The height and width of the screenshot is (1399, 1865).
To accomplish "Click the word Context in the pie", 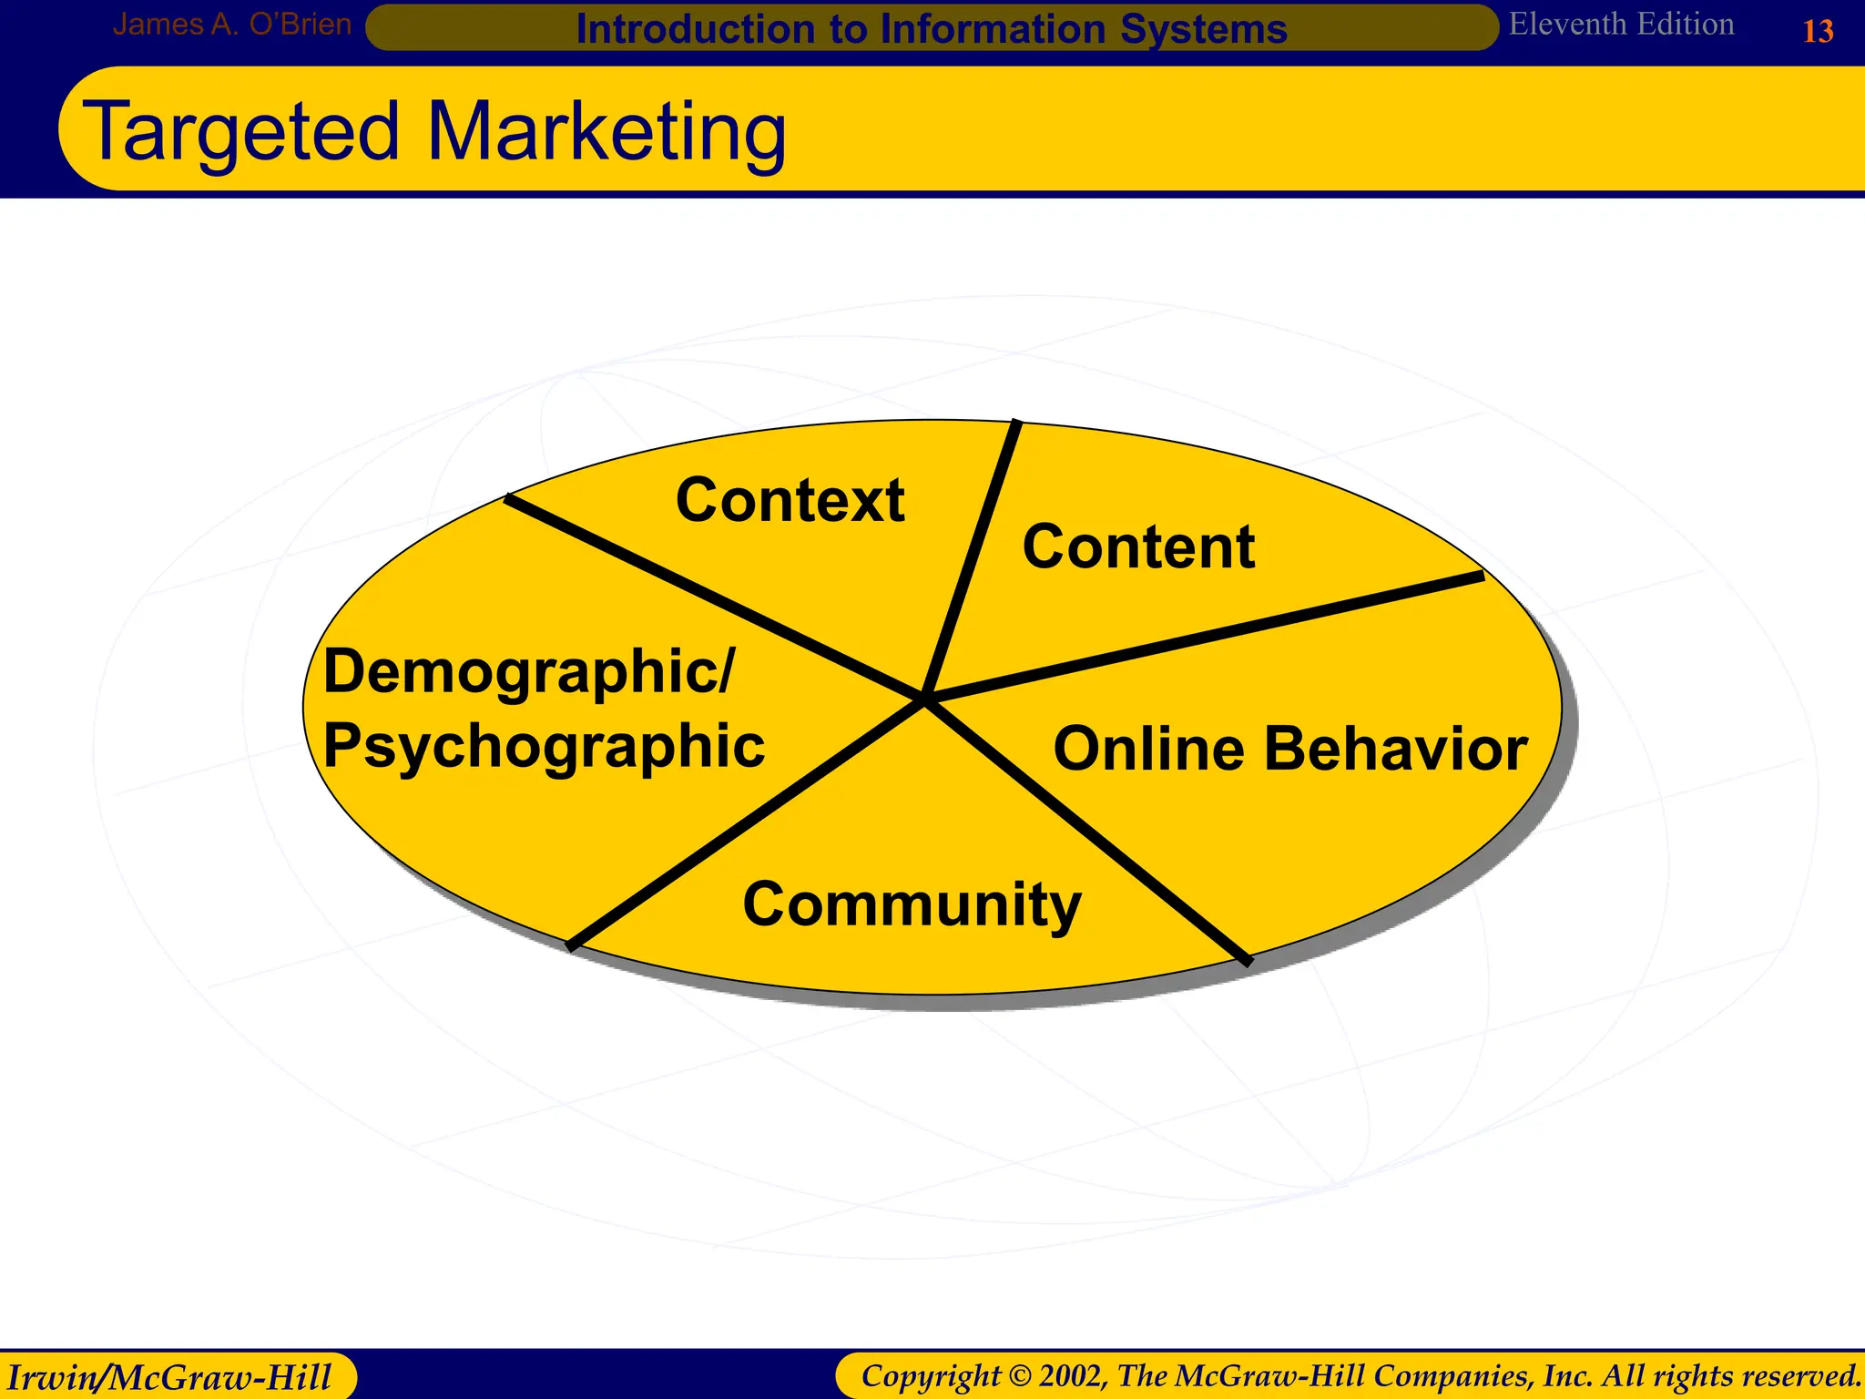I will click(790, 500).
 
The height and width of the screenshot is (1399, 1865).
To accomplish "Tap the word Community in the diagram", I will click(912, 904).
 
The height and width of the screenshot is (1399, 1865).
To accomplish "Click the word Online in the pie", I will click(1148, 749).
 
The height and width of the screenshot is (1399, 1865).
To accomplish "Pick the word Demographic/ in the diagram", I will click(528, 672).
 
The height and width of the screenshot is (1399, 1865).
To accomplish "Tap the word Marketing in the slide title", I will click(606, 132).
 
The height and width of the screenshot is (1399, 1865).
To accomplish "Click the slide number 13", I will click(1818, 32).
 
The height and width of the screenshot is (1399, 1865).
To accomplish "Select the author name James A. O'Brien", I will click(231, 25).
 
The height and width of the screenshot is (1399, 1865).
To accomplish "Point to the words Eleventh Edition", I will click(1621, 25).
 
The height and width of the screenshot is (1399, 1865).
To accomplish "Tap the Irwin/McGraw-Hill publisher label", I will click(169, 1376).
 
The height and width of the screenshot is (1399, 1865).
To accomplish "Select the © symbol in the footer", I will click(1020, 1375).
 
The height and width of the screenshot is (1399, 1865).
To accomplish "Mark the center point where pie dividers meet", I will click(924, 699).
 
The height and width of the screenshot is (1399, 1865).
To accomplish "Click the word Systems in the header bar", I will click(1203, 29).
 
